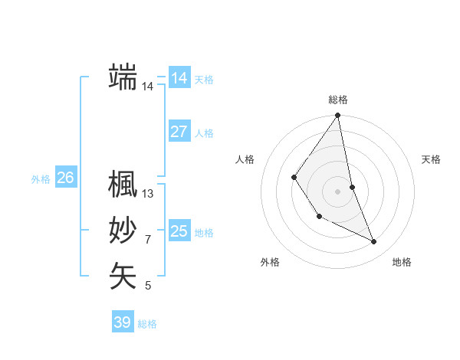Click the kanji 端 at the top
pyautogui.click(x=123, y=77)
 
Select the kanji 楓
pyautogui.click(x=123, y=184)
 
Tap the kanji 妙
pyautogui.click(x=123, y=231)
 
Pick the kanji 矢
pyautogui.click(x=123, y=277)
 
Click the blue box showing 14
pyautogui.click(x=179, y=77)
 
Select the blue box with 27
pyautogui.click(x=179, y=131)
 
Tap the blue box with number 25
pyautogui.click(x=179, y=231)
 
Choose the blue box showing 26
pyautogui.click(x=65, y=178)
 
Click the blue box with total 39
pyautogui.click(x=122, y=322)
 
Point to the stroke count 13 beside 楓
pyautogui.click(x=148, y=195)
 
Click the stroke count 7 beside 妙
pyautogui.click(x=148, y=241)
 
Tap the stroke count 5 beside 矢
pyautogui.click(x=148, y=286)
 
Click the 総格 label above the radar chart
pyautogui.click(x=338, y=100)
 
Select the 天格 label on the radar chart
pyautogui.click(x=432, y=159)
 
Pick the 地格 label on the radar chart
pyautogui.click(x=402, y=262)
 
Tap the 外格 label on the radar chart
pyautogui.click(x=270, y=262)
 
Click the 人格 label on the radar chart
pyautogui.click(x=245, y=159)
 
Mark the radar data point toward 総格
pyautogui.click(x=337, y=116)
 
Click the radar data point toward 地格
pyautogui.click(x=374, y=241)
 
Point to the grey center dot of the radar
pyautogui.click(x=337, y=191)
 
